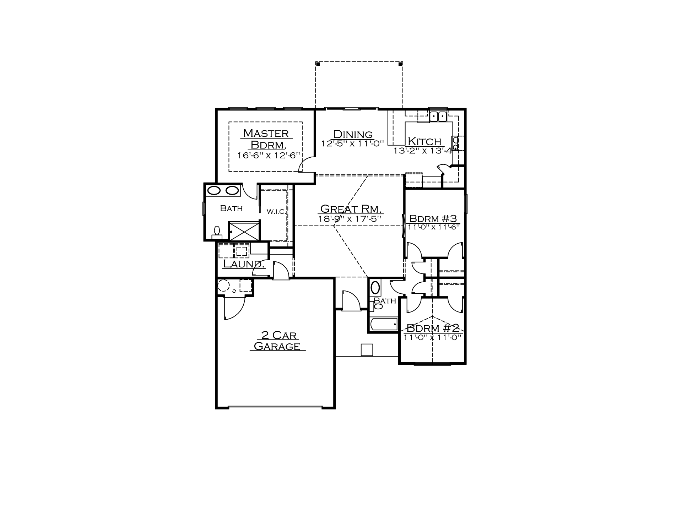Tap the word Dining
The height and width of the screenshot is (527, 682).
tap(353, 134)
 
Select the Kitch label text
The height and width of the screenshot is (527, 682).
tap(424, 141)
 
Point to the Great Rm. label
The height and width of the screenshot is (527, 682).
tap(351, 208)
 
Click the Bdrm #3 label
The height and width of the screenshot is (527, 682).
tap(433, 218)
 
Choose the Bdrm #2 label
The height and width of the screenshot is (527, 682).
tap(433, 328)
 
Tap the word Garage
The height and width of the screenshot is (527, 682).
tap(277, 346)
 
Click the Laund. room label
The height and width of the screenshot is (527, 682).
tap(244, 264)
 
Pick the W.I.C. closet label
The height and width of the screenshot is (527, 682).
tap(276, 212)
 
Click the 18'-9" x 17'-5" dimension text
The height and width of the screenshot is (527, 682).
tap(350, 219)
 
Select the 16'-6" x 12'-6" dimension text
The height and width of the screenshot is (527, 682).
tap(269, 155)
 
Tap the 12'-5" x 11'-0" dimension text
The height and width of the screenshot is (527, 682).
tap(353, 144)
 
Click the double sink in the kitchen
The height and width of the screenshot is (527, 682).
tap(438, 116)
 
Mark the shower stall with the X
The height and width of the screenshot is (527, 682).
tap(244, 231)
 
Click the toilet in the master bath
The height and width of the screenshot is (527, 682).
tap(217, 233)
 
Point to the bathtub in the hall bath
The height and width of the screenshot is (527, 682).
tap(384, 324)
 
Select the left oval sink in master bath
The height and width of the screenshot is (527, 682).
tap(214, 190)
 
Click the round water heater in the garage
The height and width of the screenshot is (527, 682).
tap(224, 286)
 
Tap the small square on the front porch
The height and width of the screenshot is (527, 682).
tap(367, 350)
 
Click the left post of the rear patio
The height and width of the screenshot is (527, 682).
tap(318, 64)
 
